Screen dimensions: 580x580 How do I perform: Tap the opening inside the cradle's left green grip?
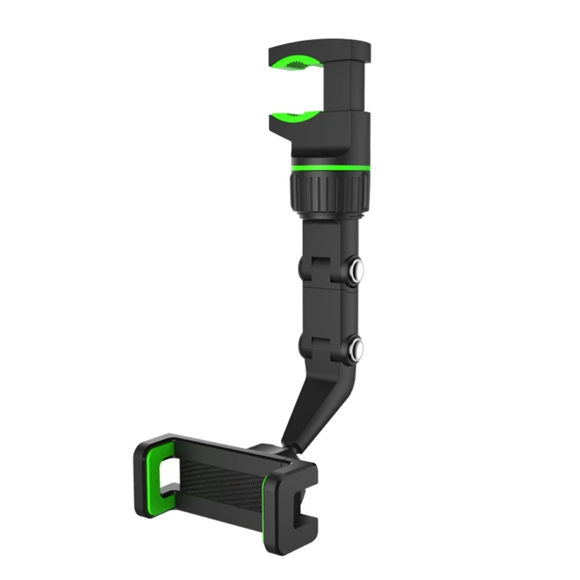(x=168, y=475)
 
